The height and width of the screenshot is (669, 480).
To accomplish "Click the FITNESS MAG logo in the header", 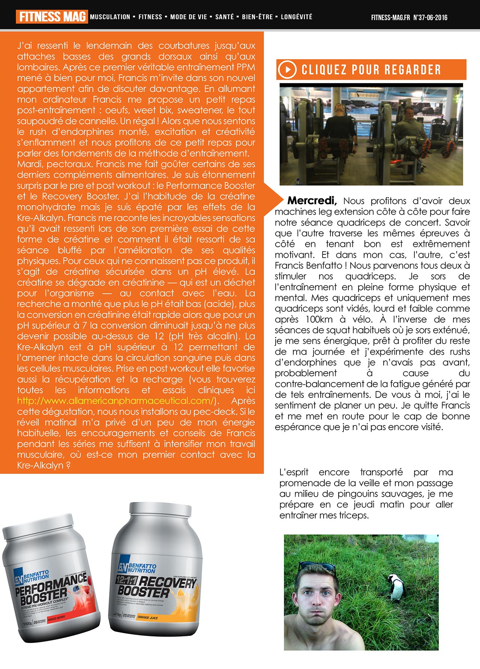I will pyautogui.click(x=52, y=17).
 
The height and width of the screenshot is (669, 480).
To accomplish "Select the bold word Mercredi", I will pyautogui.click(x=312, y=201).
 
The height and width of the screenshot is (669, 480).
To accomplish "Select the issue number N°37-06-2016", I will pyautogui.click(x=430, y=18).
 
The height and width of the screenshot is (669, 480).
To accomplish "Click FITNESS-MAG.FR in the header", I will pyautogui.click(x=390, y=18).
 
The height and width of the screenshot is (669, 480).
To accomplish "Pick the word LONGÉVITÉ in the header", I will pyautogui.click(x=296, y=17).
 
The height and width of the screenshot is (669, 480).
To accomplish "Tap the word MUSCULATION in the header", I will pyautogui.click(x=110, y=17).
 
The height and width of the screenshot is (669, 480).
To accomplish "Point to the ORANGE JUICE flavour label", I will pyautogui.click(x=148, y=617).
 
